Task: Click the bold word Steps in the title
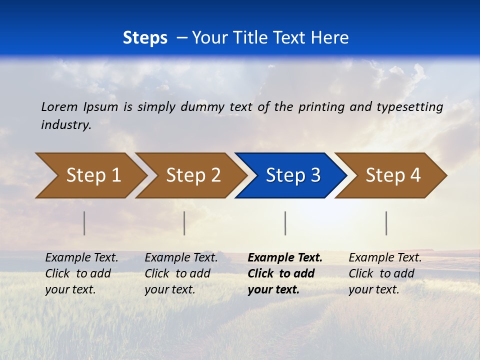coord(145,38)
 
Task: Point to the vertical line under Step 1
coord(84,223)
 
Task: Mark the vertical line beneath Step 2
coord(184,223)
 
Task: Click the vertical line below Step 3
coord(285,223)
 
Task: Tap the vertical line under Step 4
coord(386,223)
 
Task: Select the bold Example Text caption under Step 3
coord(284,273)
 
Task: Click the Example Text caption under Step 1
coord(81,273)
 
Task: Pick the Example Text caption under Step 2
coord(181,273)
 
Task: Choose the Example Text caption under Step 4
coord(385,273)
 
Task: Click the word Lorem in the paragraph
coord(59,107)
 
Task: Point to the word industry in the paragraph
coord(66,125)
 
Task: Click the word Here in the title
coord(333,38)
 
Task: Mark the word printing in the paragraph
coord(321,107)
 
